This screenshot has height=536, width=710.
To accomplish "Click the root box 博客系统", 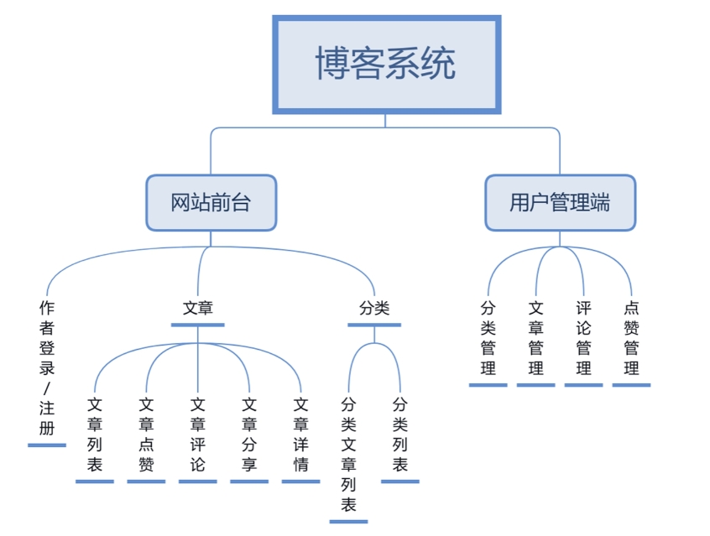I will (x=386, y=64).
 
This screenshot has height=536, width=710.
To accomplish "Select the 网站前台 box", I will (x=211, y=202).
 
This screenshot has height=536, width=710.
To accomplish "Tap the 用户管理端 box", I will (x=560, y=202).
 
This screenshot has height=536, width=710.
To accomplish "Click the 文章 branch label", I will (x=198, y=308).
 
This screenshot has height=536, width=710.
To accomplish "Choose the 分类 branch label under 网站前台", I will (x=374, y=308).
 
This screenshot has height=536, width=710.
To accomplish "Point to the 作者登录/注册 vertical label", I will (x=47, y=367).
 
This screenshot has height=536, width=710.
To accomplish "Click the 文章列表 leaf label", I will (x=95, y=434).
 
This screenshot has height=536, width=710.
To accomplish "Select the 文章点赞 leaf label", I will (x=146, y=434).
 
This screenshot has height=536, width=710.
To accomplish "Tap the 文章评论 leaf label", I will (x=198, y=434).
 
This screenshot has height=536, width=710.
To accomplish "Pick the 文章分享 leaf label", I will (x=249, y=434).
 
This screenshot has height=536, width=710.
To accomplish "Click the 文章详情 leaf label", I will (x=300, y=434).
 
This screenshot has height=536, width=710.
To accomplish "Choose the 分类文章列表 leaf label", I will (x=349, y=454).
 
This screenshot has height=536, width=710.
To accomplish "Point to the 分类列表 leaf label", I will (x=400, y=434).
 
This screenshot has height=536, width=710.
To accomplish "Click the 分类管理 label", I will (x=488, y=337).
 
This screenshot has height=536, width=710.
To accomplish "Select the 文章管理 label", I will (x=536, y=337).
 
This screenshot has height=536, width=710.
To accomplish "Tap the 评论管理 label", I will (x=584, y=337).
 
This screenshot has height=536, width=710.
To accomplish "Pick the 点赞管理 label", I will (x=631, y=337).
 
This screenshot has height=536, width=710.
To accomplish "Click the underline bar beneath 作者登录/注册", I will (x=47, y=445).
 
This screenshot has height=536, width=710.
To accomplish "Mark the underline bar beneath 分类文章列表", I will (x=349, y=521).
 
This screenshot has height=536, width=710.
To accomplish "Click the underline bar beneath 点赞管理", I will (x=631, y=385).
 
